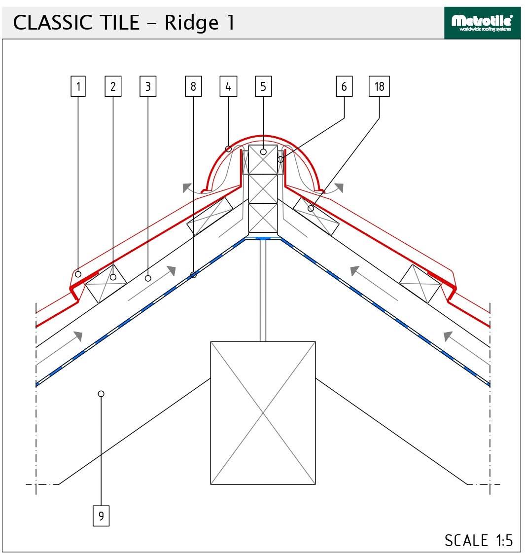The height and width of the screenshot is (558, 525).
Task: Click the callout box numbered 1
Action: pyautogui.click(x=78, y=87)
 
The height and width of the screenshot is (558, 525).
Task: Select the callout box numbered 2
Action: pyautogui.click(x=113, y=87)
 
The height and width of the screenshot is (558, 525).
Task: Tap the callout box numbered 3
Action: pyautogui.click(x=148, y=87)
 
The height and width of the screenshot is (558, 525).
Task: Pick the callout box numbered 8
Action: pyautogui.click(x=193, y=87)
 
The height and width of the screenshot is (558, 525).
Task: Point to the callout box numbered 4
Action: pyautogui.click(x=228, y=87)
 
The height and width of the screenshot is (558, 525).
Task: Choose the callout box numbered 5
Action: pyautogui.click(x=263, y=87)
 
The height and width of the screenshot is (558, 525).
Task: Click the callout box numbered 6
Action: pyautogui.click(x=344, y=87)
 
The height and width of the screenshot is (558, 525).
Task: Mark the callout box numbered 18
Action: pyautogui.click(x=379, y=87)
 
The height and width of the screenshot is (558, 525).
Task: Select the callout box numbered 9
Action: pyautogui.click(x=101, y=516)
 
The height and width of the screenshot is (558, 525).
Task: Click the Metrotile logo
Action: pyautogui.click(x=482, y=23)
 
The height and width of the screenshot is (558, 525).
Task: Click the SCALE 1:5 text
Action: pyautogui.click(x=478, y=540)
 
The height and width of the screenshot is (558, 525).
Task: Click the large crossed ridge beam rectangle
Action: pyautogui.click(x=263, y=412)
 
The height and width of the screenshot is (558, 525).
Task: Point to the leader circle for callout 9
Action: pyautogui.click(x=101, y=394)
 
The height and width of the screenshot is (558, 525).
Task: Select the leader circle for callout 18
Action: pyautogui.click(x=311, y=209)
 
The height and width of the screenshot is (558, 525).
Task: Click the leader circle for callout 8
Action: pyautogui.click(x=193, y=275)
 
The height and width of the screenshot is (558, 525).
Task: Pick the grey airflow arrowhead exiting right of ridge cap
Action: pyautogui.click(x=339, y=187)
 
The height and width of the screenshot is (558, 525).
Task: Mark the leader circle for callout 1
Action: pyautogui.click(x=78, y=274)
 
